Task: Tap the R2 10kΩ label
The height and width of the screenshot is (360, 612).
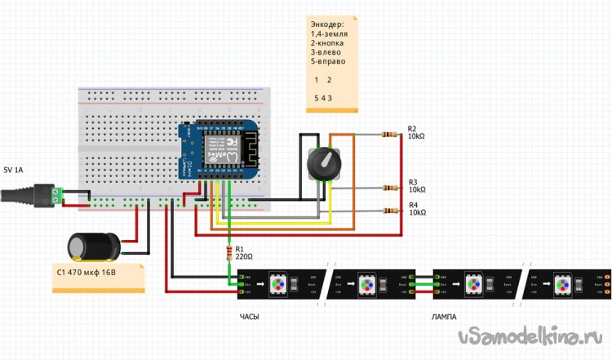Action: pos(416,133)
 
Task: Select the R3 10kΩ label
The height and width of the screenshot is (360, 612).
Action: pos(417,186)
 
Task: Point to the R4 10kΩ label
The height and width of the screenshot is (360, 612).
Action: pos(417,209)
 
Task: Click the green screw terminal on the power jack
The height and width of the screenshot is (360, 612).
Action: pos(57,194)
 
